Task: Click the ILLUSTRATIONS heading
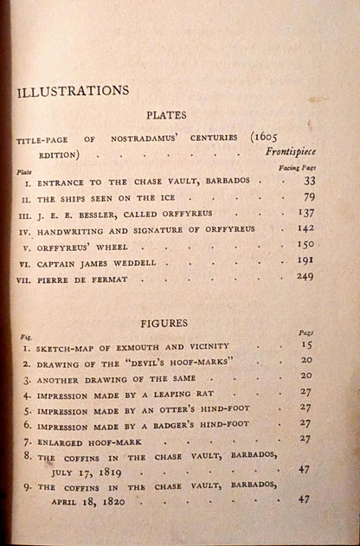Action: (73, 90)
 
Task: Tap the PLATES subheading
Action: (166, 113)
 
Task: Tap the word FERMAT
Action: (107, 305)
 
